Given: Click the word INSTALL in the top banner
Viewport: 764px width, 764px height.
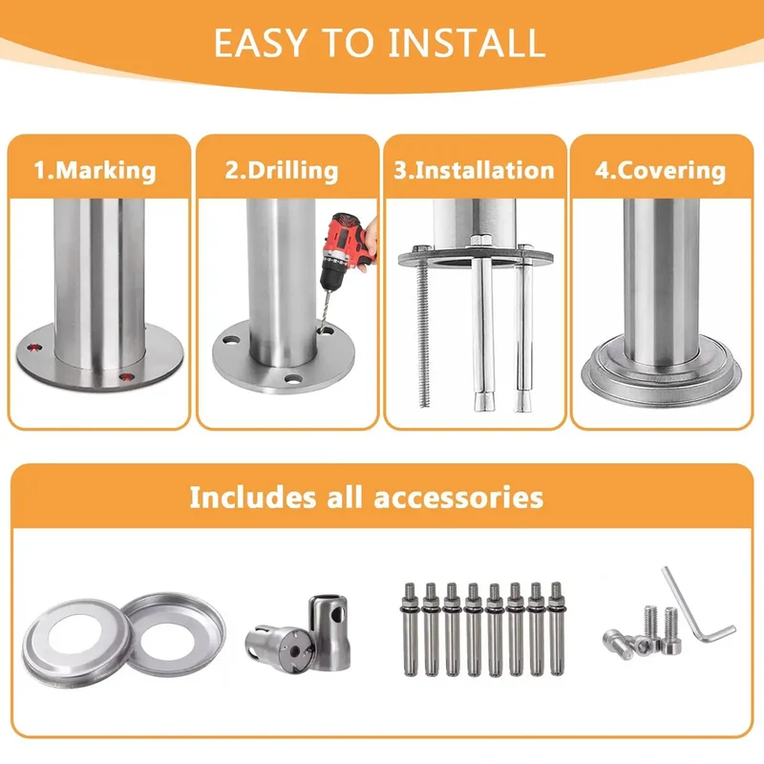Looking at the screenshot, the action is click(x=466, y=43).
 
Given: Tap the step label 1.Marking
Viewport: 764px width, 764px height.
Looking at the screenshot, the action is click(x=95, y=171).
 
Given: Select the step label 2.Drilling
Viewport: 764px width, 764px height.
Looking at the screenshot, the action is click(x=282, y=171).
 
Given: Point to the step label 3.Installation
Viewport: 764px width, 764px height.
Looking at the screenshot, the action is click(x=474, y=171).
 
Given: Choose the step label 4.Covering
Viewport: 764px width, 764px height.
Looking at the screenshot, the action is click(x=660, y=171).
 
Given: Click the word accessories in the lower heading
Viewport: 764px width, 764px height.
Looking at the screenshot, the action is click(x=458, y=498).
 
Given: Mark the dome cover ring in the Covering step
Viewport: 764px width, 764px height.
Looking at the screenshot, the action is click(x=661, y=372).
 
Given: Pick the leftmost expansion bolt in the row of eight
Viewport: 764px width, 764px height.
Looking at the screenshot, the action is click(x=410, y=628).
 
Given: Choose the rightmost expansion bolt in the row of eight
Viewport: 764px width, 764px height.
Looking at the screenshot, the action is click(x=556, y=628).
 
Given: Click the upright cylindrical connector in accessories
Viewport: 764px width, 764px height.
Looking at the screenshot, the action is click(x=329, y=631).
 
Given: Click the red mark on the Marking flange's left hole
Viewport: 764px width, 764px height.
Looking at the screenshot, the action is click(x=33, y=348).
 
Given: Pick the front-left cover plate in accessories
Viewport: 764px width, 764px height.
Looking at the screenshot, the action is click(x=76, y=642).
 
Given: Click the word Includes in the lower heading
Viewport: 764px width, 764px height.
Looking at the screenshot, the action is click(x=251, y=498).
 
